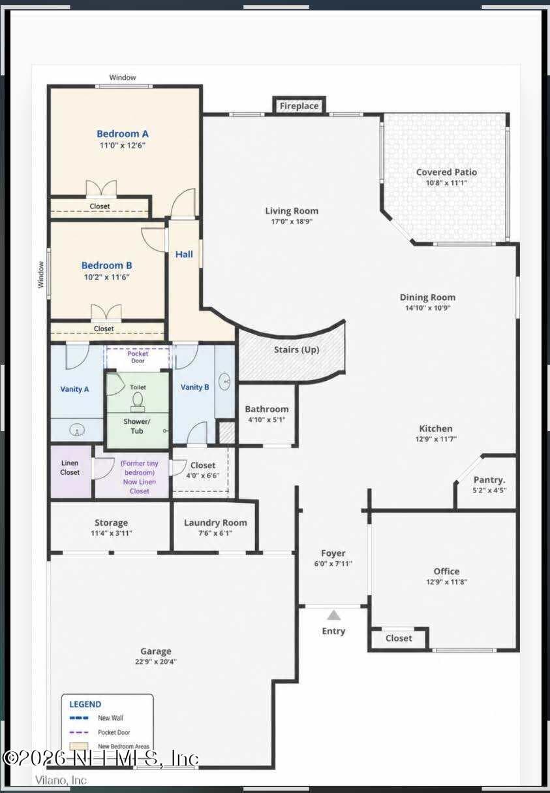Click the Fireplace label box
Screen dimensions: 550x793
pyautogui.click(x=299, y=106)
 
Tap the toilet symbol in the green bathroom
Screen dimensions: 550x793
pyautogui.click(x=138, y=403)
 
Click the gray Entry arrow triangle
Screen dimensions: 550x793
pyautogui.click(x=333, y=615)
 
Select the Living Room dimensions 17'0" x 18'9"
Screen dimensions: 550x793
pyautogui.click(x=292, y=221)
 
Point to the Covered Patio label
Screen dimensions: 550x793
pyautogui.click(x=446, y=172)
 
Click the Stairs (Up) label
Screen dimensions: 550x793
pyautogui.click(x=297, y=349)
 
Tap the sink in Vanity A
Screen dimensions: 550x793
pyautogui.click(x=77, y=431)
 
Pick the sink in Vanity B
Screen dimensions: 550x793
pyautogui.click(x=225, y=381)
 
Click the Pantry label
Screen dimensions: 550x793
pyautogui.click(x=489, y=480)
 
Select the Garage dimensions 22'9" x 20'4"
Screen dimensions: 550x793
pyautogui.click(x=156, y=662)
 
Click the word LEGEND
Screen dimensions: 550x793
pyautogui.click(x=85, y=704)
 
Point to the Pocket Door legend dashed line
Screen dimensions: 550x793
pyautogui.click(x=79, y=732)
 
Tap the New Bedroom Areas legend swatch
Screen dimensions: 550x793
pyautogui.click(x=79, y=746)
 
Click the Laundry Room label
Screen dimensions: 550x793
pyautogui.click(x=215, y=523)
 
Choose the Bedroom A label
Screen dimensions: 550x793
pyautogui.click(x=123, y=134)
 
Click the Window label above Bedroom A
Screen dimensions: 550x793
pyautogui.click(x=123, y=77)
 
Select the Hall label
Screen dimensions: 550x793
pyautogui.click(x=184, y=254)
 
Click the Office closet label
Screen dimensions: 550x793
pyautogui.click(x=399, y=638)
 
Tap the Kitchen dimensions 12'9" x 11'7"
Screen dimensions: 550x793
pyautogui.click(x=436, y=439)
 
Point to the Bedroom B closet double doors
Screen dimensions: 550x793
pyautogui.click(x=106, y=312)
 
